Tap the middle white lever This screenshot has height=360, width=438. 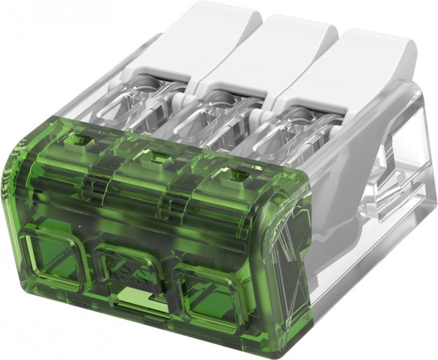tap(283, 47)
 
